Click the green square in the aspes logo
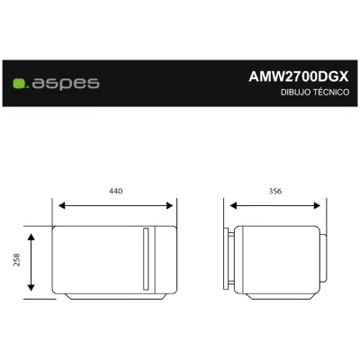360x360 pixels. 19,84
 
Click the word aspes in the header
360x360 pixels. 66,84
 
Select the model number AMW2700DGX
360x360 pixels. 299,76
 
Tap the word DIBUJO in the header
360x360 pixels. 295,92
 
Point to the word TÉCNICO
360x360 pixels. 331,92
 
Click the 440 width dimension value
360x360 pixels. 116,191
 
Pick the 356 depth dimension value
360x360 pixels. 275,191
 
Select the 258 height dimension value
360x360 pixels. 17,260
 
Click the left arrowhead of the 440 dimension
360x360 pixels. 62,205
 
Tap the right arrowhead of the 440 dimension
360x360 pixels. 169,205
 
